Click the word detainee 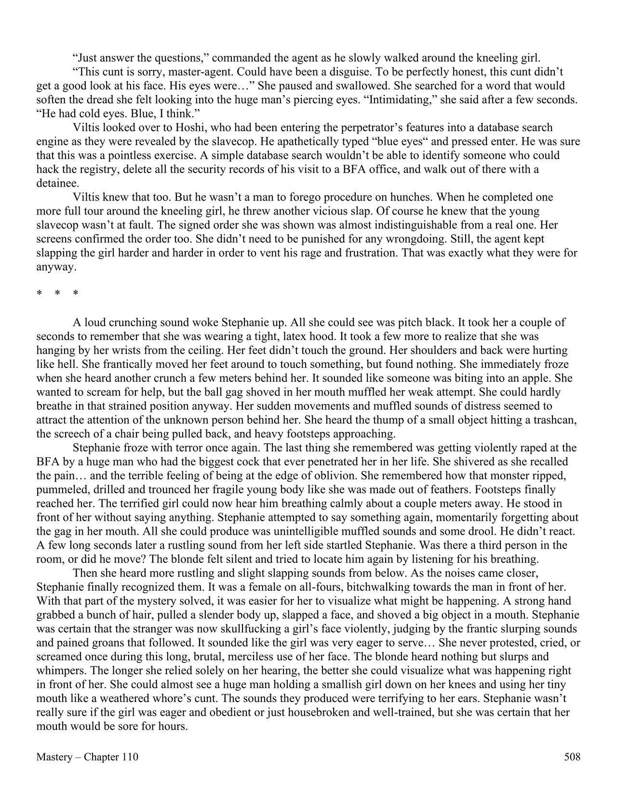56,184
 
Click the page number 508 572,757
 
